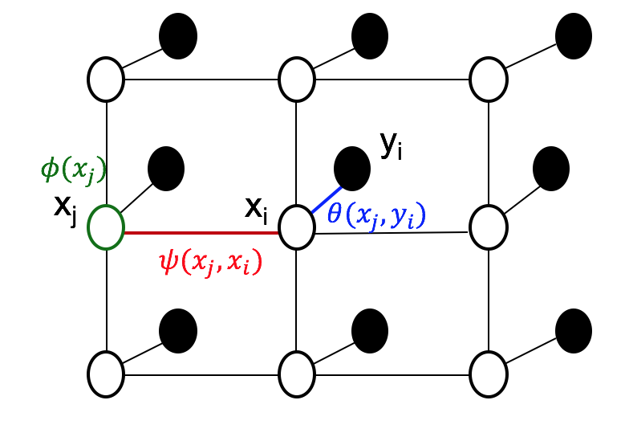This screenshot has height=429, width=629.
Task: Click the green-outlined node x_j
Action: pos(106,227)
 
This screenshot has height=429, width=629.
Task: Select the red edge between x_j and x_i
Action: pos(201,233)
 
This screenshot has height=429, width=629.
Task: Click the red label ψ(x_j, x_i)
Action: pos(210,262)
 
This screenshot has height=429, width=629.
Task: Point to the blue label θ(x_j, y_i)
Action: pos(375,215)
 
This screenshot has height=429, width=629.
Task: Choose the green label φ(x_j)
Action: pos(73,170)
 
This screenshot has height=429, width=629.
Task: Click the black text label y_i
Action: pos(391,145)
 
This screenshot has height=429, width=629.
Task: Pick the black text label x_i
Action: pos(256,208)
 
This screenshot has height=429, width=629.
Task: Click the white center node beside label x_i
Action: pos(297,227)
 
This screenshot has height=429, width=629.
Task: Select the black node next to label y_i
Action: pos(351,169)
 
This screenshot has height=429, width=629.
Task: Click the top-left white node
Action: pos(106,80)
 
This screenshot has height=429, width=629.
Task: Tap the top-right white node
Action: pos(488,80)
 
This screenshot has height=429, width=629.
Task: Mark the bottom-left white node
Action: pos(106,374)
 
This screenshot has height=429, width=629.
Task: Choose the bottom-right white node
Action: pos(488,374)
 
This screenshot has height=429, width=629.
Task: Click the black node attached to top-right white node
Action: pos(573,36)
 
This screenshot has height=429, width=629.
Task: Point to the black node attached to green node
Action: pos(166,169)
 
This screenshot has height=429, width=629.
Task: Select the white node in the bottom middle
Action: pos(297,374)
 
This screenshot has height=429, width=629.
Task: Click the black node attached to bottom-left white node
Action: pos(178,330)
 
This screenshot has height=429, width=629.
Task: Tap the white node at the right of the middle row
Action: pos(488,227)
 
